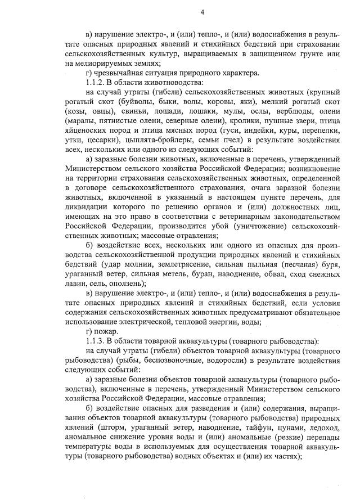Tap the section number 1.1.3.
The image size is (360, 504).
tap(93, 341)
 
